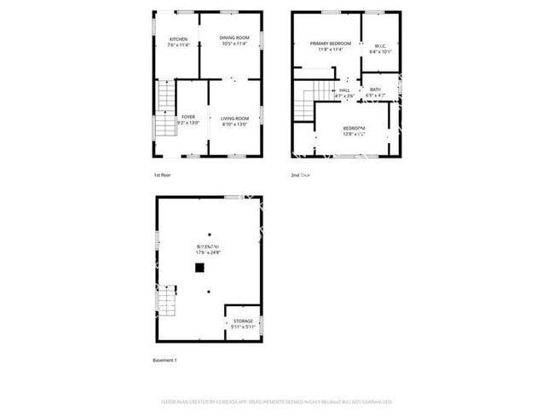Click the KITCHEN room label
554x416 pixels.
click(178, 39)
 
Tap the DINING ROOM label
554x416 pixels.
click(234, 38)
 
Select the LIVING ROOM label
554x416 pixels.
click(234, 118)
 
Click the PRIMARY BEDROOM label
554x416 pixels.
click(330, 43)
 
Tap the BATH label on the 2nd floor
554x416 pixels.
click(375, 90)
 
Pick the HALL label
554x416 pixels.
click(344, 90)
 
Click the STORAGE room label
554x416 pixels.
click(243, 321)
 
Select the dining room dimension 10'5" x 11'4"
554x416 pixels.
click(234, 43)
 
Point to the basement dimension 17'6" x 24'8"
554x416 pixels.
click(208, 251)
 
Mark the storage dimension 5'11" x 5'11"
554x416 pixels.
click(243, 326)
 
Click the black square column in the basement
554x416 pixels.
click(199, 267)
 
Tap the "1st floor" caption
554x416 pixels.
click(163, 175)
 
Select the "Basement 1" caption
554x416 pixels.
click(164, 361)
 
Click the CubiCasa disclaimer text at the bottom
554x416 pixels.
click(276, 401)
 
